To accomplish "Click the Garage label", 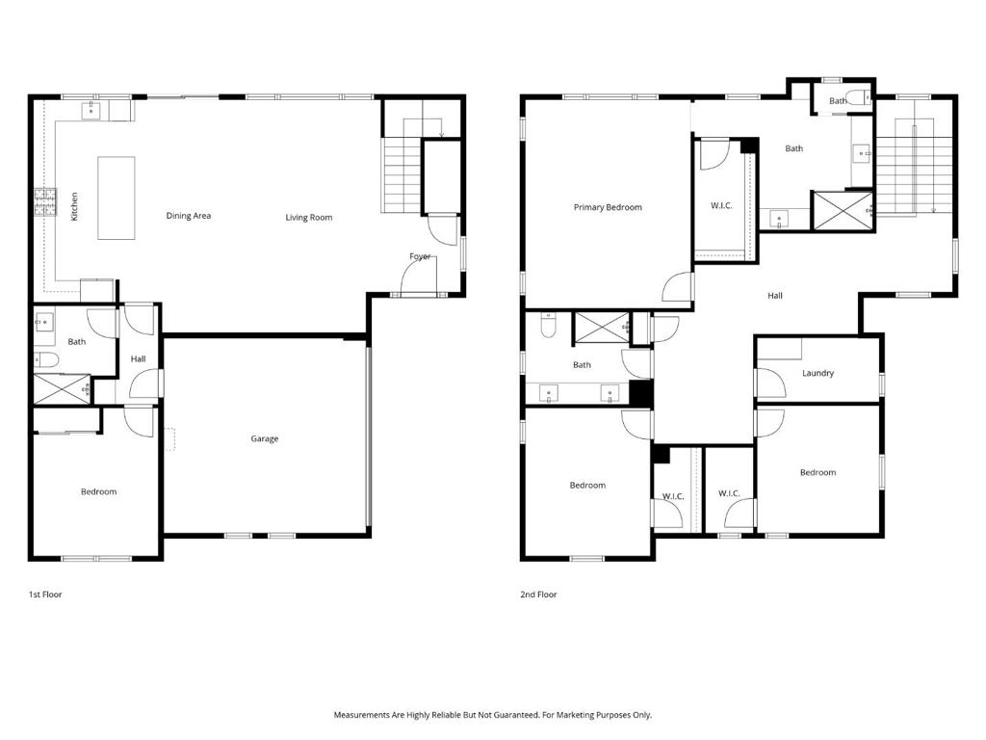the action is point(264,438).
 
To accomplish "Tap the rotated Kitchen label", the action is point(74,206).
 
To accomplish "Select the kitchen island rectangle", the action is point(117,198).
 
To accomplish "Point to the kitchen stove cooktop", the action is point(45,202).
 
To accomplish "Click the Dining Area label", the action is point(188,215).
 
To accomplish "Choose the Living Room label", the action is point(309,217).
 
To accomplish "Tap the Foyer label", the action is point(420,256).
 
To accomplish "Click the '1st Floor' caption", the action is point(45,594).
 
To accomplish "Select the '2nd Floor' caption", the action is point(538,594).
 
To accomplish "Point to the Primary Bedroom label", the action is point(608,207).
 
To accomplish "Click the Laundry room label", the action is point(817,373).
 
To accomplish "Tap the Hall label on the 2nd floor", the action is point(775,295).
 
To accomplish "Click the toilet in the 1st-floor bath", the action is point(46,360).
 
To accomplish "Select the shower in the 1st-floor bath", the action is point(62,389).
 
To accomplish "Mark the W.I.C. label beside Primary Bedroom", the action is point(721,205).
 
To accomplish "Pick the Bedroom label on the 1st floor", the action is point(99,491).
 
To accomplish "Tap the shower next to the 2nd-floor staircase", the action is point(843,211).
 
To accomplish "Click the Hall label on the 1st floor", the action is point(139,358).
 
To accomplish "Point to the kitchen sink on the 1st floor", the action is point(91,111).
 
